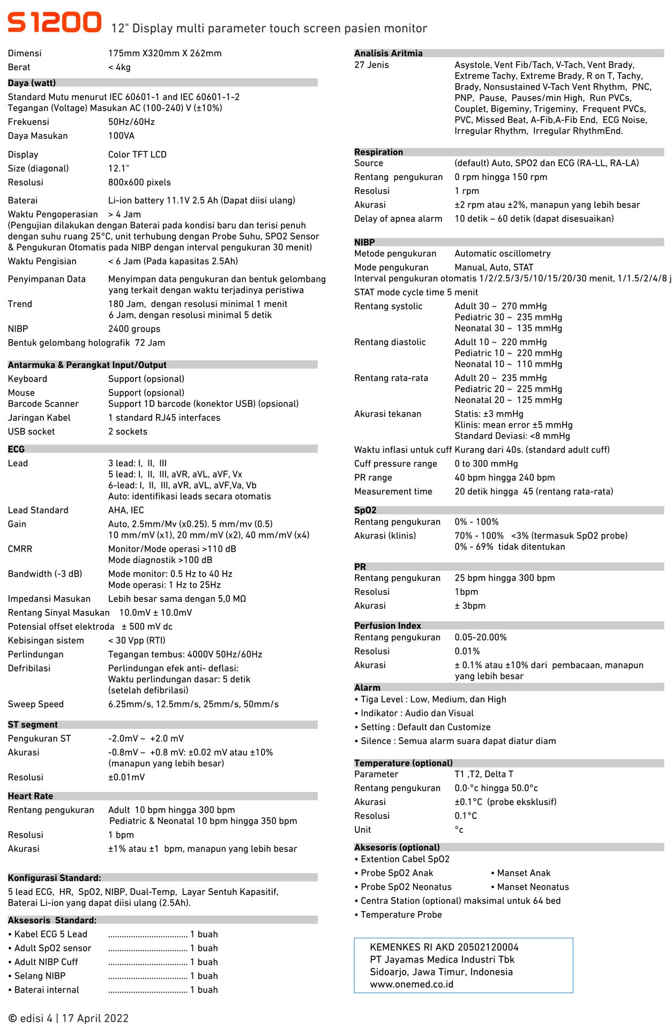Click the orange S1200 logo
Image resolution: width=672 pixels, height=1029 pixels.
coord(54,23)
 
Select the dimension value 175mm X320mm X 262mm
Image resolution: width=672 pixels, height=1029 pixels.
coord(165,53)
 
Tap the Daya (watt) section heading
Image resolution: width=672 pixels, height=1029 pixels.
coord(32,83)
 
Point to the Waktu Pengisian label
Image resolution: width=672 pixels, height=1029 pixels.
coord(42,261)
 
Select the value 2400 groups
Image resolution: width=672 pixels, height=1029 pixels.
coord(134,329)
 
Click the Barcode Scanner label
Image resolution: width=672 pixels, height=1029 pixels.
coord(43,404)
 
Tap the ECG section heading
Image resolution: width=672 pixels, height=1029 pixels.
coord(16,449)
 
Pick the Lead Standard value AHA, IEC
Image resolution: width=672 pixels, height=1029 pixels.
coord(126,510)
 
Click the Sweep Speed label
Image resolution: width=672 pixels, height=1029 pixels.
coord(35,704)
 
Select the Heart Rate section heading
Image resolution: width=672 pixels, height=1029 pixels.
coord(30,796)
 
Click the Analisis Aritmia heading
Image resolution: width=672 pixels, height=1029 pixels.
coord(388,53)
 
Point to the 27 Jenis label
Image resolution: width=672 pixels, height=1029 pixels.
coord(371,65)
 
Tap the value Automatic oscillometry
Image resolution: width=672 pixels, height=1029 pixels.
coord(502,253)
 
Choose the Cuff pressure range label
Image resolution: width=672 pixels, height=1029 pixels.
coord(395,464)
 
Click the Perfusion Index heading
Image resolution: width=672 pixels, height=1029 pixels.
coord(387,625)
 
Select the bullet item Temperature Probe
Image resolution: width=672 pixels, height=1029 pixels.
coord(401,914)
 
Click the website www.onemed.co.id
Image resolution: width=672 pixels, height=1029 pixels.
coord(412,984)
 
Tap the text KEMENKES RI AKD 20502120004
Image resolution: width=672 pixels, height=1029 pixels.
coord(444,947)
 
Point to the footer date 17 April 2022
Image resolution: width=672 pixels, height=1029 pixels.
coord(95,1018)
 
